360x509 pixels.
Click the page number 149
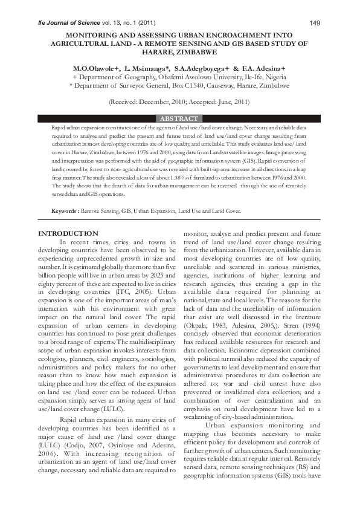tap(314, 23)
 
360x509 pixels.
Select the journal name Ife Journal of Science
tap(65, 23)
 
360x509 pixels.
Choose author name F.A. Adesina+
tap(264, 70)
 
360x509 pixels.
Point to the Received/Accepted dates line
tap(179, 102)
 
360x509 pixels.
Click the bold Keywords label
tap(65, 212)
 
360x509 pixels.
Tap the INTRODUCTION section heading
tap(68, 233)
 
